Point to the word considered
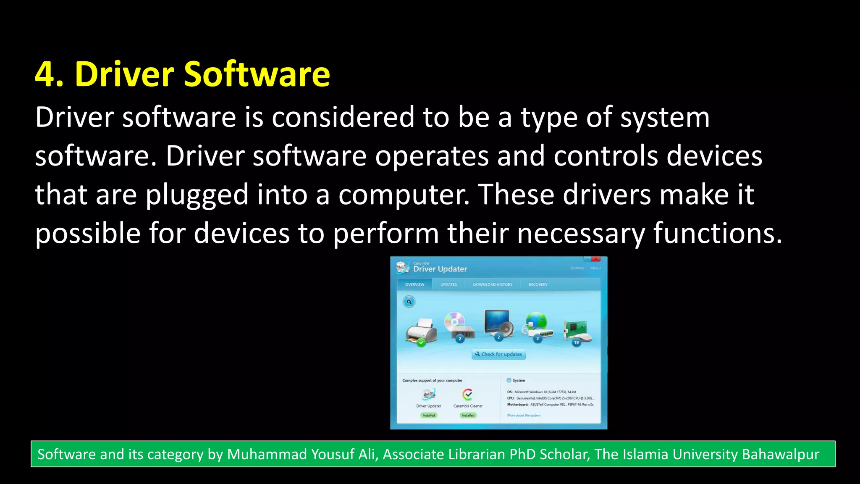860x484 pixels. click(x=343, y=117)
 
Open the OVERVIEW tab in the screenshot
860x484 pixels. click(x=414, y=284)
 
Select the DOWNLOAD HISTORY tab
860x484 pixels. click(x=493, y=284)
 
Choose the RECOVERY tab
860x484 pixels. click(x=538, y=284)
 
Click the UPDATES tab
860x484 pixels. click(x=448, y=284)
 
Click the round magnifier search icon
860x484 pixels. click(x=409, y=302)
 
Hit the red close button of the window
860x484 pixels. click(x=595, y=259)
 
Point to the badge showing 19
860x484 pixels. click(x=576, y=342)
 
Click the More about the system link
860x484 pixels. click(x=524, y=416)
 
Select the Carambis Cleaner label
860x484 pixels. click(x=468, y=406)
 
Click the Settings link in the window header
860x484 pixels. click(x=577, y=268)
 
